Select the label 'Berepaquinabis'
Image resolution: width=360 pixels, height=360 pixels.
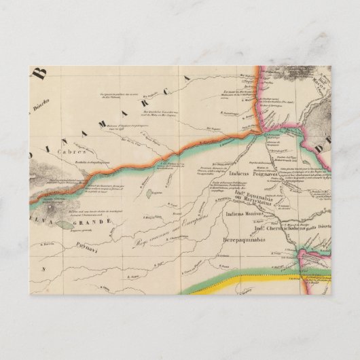tap(245, 240)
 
